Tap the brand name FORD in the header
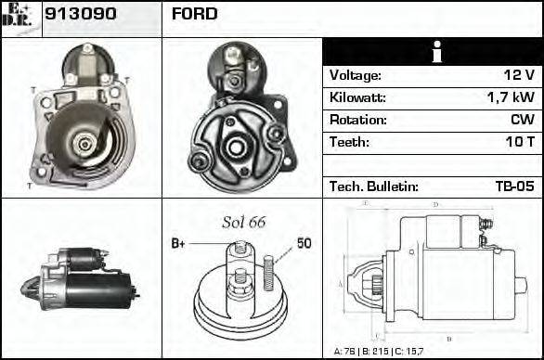(195, 15)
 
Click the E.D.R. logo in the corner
(19, 16)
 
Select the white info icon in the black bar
(433, 52)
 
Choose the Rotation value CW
(522, 120)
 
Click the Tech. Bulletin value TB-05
(514, 186)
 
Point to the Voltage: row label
(356, 75)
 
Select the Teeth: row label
(349, 142)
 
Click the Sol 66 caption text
(243, 222)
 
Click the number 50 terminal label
(304, 243)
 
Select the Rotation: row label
(358, 120)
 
